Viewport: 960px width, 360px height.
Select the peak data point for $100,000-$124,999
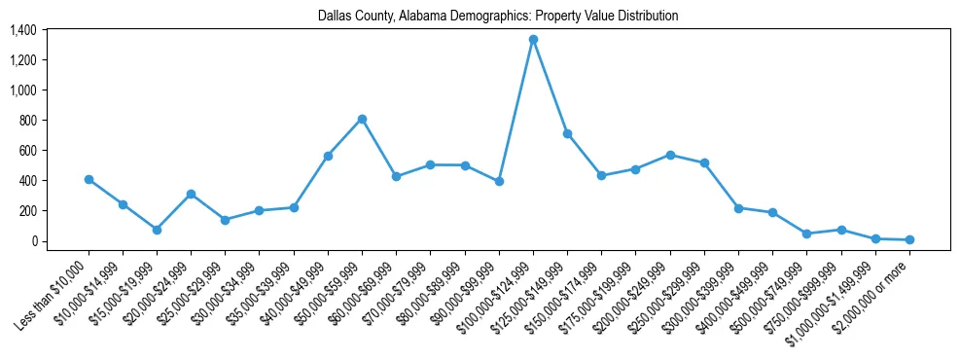533,40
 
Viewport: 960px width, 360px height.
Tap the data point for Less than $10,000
89,179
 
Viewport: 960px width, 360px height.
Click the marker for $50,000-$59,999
362,119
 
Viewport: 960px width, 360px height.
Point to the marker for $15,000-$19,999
157,230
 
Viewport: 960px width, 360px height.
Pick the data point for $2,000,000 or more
909,239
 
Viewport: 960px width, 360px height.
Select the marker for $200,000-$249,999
670,155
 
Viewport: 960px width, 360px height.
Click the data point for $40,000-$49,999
328,156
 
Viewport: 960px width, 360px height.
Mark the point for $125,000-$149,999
567,133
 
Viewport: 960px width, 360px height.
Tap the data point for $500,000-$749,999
806,234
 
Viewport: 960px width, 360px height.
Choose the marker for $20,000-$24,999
191,194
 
